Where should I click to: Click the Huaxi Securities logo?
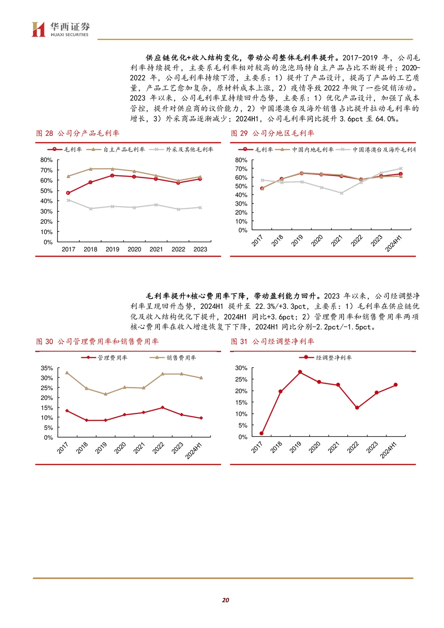pos(60,29)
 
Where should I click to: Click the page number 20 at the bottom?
pos(225,600)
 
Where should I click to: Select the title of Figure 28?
pos(78,133)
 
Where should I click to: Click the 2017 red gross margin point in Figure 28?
pos(68,193)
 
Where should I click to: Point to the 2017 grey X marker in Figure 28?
pos(68,200)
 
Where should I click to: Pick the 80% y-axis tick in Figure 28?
pos(46,160)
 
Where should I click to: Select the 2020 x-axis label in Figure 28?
pos(134,249)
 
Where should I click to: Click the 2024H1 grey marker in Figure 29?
pos(400,169)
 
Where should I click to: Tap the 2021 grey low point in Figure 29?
pos(341,193)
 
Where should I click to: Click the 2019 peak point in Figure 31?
pos(300,372)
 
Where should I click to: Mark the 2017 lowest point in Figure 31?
pos(261,433)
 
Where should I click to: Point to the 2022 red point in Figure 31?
pos(357,408)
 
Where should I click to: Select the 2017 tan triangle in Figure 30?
pos(67,373)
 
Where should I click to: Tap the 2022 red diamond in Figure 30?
pos(162,408)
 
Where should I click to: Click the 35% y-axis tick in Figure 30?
pos(47,368)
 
